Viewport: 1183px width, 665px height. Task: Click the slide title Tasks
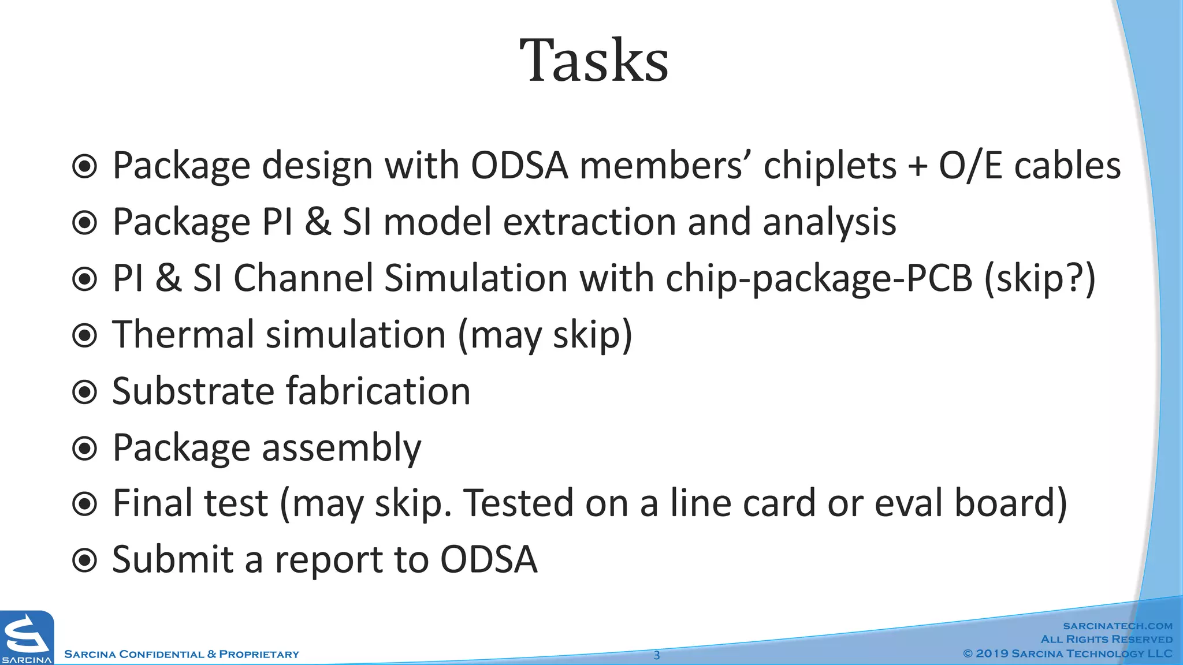coord(594,61)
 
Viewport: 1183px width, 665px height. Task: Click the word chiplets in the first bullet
coord(830,166)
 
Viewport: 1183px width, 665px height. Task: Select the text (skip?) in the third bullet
coord(1039,279)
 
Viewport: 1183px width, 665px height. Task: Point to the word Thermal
coord(183,335)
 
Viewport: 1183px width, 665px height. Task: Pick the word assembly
coord(341,449)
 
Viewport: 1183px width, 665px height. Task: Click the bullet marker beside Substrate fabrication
coord(85,393)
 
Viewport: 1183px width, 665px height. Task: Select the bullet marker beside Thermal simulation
coord(85,336)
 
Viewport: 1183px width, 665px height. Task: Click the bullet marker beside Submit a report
coord(85,560)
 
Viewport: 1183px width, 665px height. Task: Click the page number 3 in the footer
coord(656,655)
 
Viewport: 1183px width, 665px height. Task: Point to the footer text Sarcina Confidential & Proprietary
coord(181,655)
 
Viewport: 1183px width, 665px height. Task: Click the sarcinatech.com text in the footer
coord(1118,626)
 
